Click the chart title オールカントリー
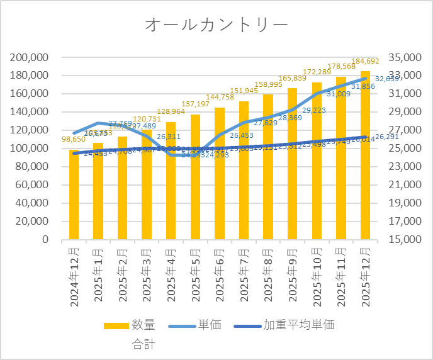pyautogui.click(x=216, y=25)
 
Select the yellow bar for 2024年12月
pyautogui.click(x=74, y=195)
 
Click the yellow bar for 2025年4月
pyautogui.click(x=171, y=189)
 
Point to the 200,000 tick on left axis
pyautogui.click(x=30, y=57)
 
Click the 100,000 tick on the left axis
pyautogui.click(x=30, y=149)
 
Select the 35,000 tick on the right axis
pyautogui.click(x=405, y=57)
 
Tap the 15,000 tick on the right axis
pyautogui.click(x=405, y=240)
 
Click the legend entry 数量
pyautogui.click(x=143, y=325)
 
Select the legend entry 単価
pyautogui.click(x=210, y=325)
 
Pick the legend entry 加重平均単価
pyautogui.click(x=298, y=325)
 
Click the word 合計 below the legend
pyautogui.click(x=143, y=344)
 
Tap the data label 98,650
pyautogui.click(x=74, y=139)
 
